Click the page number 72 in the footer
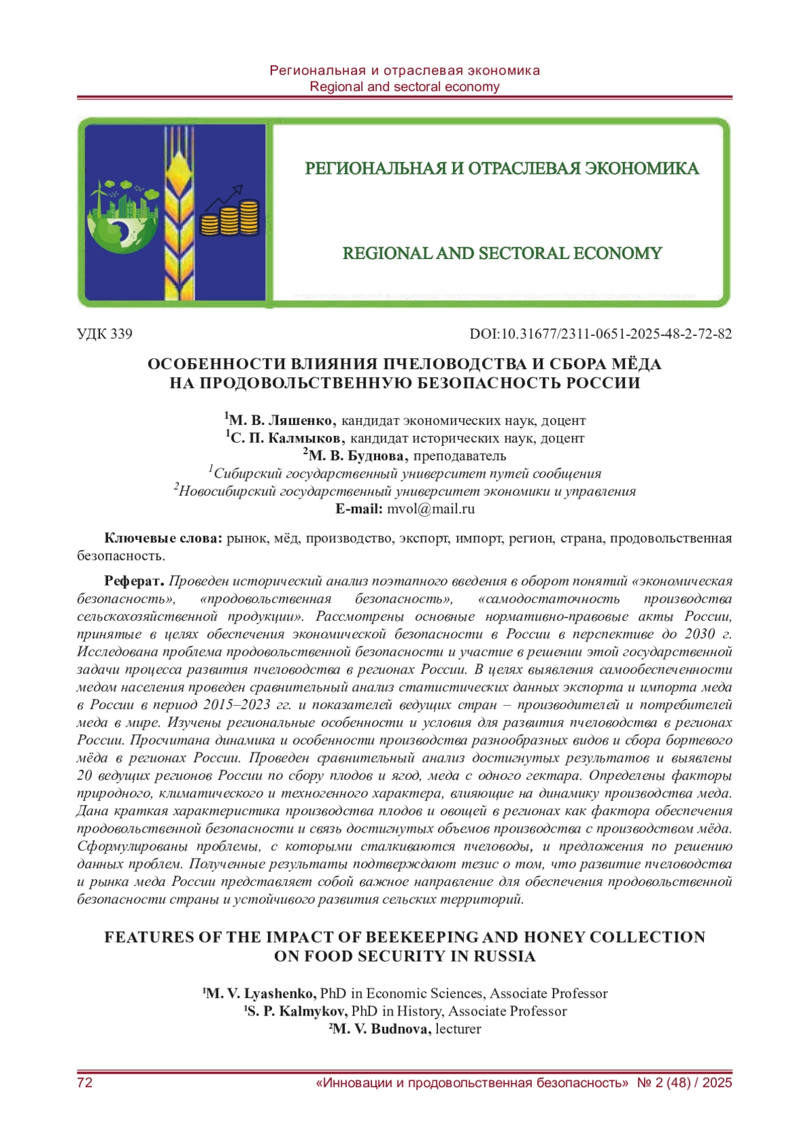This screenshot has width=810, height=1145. [x=85, y=1083]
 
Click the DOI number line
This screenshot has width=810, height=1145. [x=600, y=334]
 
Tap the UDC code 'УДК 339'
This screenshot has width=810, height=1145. [x=105, y=334]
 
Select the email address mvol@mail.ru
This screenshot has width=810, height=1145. [x=431, y=509]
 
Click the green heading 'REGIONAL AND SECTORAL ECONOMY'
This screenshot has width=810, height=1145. [x=502, y=254]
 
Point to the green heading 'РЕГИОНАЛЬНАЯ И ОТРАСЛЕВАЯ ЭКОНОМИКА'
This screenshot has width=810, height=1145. [x=502, y=169]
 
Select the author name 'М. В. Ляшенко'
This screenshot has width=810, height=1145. [x=282, y=420]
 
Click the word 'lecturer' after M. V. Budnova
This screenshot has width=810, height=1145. [x=458, y=1029]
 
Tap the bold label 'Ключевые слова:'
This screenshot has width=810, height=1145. [x=163, y=538]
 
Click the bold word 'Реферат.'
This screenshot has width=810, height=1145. [x=134, y=581]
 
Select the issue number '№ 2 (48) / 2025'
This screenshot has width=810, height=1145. [x=684, y=1083]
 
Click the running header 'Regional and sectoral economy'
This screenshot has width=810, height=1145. [x=404, y=86]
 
